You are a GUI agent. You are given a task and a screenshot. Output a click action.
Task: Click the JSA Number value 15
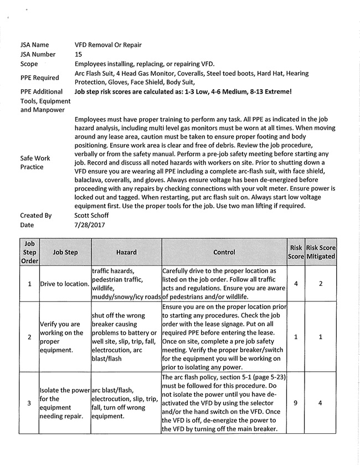[79, 54]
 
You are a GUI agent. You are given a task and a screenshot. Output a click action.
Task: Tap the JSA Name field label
[34, 44]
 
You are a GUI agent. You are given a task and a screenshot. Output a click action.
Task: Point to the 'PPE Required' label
[40, 78]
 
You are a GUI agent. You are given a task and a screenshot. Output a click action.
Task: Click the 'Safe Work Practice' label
[35, 162]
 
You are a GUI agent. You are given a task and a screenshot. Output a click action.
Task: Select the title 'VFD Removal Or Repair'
[108, 44]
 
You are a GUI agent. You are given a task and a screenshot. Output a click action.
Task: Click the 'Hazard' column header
[126, 252]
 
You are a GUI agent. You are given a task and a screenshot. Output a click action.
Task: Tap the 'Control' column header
[224, 252]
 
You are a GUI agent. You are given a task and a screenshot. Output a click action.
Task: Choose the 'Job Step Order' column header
[29, 252]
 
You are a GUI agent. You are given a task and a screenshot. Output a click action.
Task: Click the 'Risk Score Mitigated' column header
[321, 252]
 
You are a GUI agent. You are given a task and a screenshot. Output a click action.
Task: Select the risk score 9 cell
[296, 403]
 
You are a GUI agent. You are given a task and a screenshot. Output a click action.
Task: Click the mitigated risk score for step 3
[321, 403]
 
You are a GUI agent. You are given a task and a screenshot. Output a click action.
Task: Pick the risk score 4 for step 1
[296, 284]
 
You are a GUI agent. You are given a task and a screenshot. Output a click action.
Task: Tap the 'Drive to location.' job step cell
[64, 284]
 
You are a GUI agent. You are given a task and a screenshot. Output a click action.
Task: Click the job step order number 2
[29, 336]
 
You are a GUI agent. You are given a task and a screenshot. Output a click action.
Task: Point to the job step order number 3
[29, 403]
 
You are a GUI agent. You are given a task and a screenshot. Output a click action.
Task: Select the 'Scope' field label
[29, 64]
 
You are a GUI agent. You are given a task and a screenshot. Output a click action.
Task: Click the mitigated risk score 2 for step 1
[321, 284]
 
